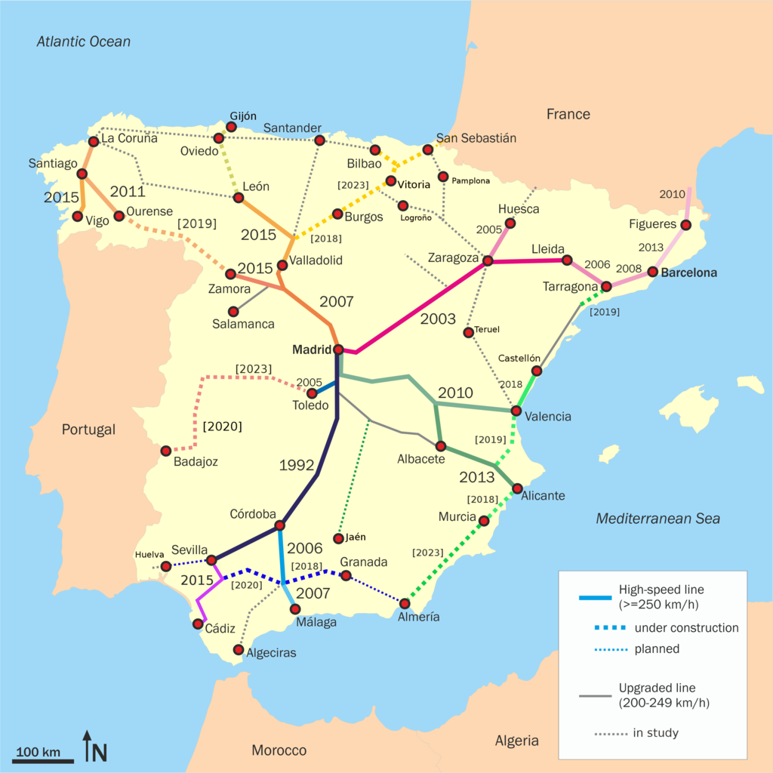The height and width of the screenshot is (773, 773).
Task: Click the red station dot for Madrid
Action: [x=338, y=350]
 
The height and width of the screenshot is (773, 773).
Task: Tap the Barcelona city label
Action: [x=688, y=273]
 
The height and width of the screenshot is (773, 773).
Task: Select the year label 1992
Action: [x=297, y=464]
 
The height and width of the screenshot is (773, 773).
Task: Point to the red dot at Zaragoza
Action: [x=488, y=260]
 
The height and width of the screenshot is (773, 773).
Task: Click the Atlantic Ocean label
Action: [x=84, y=42]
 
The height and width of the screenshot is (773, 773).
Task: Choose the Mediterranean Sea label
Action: [x=658, y=519]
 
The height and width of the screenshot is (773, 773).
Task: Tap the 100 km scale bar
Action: [x=43, y=760]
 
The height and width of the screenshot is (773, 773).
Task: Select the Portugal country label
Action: [x=88, y=430]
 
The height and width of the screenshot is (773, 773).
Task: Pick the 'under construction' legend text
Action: [x=686, y=628]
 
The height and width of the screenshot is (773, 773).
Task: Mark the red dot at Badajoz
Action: [x=166, y=451]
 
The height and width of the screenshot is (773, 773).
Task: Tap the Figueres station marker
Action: [x=685, y=225]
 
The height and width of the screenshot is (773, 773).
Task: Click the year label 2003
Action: [x=438, y=319]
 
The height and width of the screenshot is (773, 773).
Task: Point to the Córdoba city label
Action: [x=253, y=514]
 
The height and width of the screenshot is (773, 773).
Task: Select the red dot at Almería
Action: [x=405, y=603]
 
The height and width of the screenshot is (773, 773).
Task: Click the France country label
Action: [x=568, y=114]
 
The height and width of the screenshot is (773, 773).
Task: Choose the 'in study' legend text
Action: [x=656, y=733]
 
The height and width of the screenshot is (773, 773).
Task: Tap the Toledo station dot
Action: [x=311, y=393]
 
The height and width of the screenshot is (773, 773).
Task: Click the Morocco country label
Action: [x=279, y=750]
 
